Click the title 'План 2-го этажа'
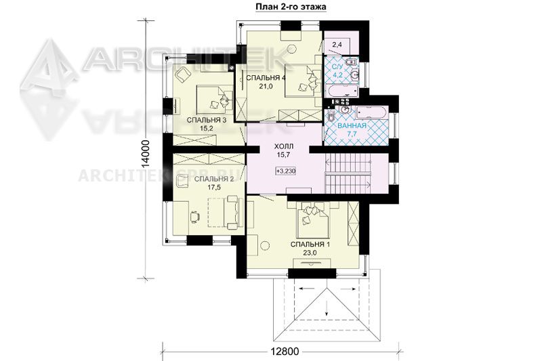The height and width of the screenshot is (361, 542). pos(291,7)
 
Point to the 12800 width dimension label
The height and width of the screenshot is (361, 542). pos(284,352)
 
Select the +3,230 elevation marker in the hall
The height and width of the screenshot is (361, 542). pos(286,171)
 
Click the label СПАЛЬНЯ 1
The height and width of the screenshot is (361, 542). pos(310,245)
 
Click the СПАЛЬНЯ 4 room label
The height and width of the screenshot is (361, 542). pos(266,78)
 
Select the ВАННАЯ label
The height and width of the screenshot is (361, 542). pos(352,126)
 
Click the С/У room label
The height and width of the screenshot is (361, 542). pos(337,66)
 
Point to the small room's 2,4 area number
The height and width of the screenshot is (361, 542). pos(337,44)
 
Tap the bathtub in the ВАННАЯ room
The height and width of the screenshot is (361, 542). pos(371,113)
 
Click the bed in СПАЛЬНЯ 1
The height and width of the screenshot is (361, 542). pos(313,219)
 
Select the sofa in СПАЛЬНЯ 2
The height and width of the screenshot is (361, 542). pos(232,212)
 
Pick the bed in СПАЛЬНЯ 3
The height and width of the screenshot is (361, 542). pos(214,98)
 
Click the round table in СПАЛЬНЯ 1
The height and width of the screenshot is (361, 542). pos(265,246)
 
